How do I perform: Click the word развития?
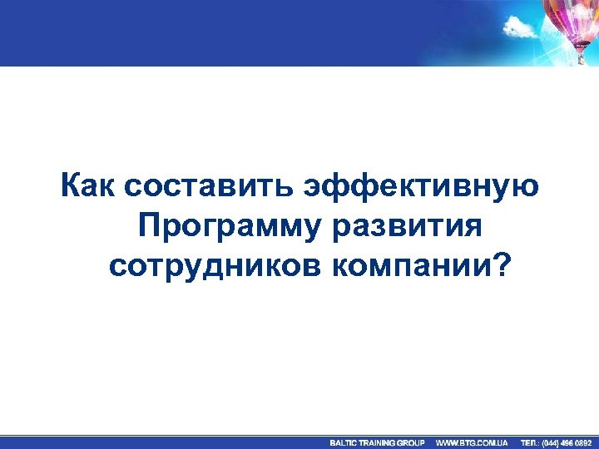pos(408,225)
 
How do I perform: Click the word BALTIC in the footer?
pos(344,442)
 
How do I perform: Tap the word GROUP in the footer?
pos(411,442)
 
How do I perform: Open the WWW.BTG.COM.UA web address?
pos(472,442)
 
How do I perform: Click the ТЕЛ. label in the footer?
pos(529,442)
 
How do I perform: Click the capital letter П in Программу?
pos(148,225)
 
